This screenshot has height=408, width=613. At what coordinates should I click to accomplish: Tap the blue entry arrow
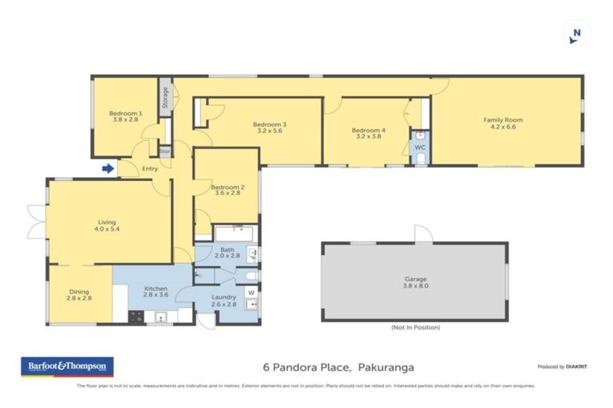tap(108, 167)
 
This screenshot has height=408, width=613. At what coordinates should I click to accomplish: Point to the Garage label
tap(414, 282)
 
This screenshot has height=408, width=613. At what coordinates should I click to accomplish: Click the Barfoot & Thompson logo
tap(66, 367)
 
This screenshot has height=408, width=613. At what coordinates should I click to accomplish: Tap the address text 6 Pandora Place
tap(306, 367)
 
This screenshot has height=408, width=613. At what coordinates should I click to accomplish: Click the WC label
tap(420, 148)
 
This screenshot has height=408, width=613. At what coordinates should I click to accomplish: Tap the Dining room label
tap(77, 294)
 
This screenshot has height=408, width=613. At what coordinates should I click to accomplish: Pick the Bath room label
tap(227, 253)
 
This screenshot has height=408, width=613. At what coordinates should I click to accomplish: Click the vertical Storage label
tap(165, 97)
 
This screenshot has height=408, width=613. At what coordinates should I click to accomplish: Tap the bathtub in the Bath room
tap(234, 233)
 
